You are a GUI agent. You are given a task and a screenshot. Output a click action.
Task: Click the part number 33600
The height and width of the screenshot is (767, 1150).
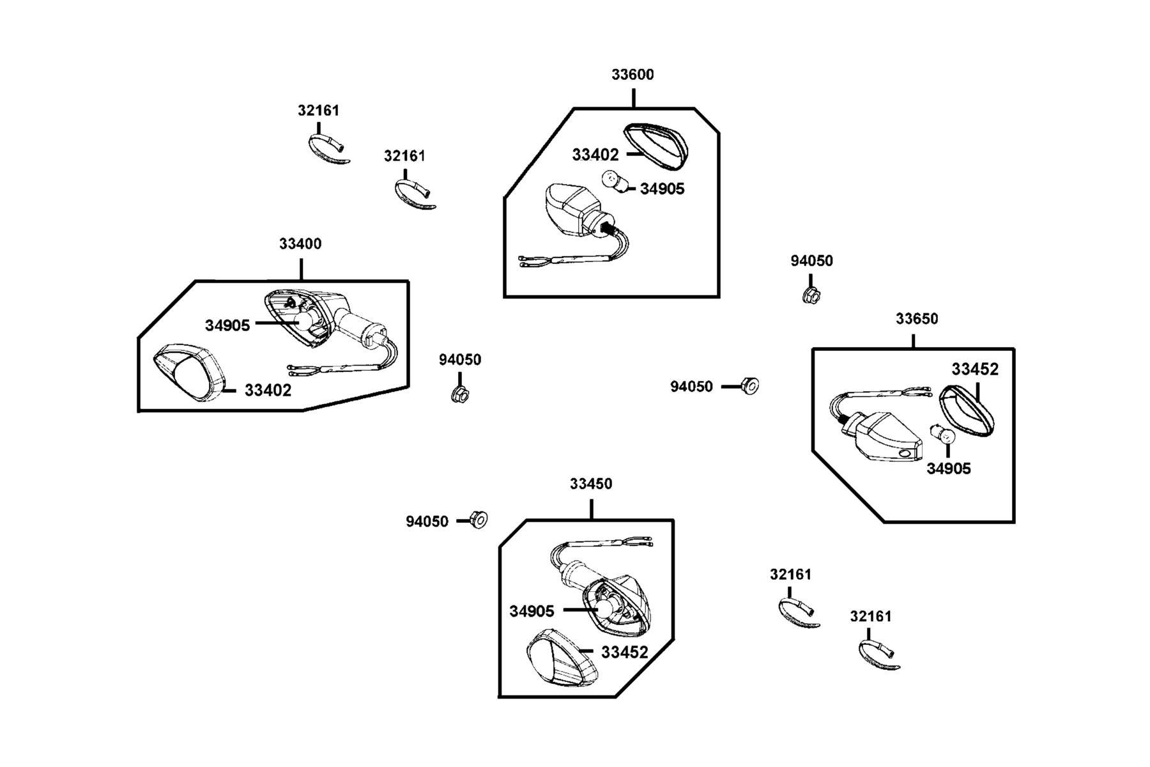tap(632, 75)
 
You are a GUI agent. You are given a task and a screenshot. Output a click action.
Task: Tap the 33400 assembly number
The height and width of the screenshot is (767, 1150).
tap(300, 244)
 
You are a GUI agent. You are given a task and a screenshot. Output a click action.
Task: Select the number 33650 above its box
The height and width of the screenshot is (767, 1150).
tap(917, 319)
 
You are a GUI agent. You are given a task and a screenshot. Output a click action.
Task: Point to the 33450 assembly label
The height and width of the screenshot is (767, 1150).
tap(591, 484)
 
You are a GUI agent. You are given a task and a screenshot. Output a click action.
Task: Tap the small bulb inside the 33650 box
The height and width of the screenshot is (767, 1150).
tap(945, 435)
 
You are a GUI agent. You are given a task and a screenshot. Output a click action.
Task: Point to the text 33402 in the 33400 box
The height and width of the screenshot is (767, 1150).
tap(268, 391)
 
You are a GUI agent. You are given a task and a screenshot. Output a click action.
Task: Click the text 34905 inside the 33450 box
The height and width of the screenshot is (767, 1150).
tap(532, 612)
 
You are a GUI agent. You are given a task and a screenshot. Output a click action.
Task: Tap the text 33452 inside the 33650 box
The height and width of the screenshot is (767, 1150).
tap(975, 369)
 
